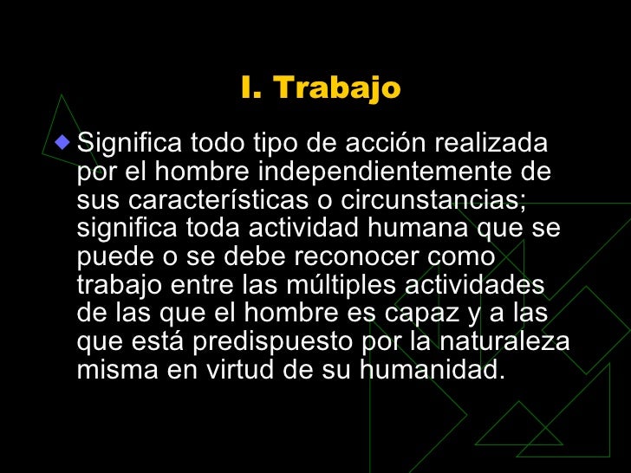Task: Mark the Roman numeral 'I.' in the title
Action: [x=250, y=88]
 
